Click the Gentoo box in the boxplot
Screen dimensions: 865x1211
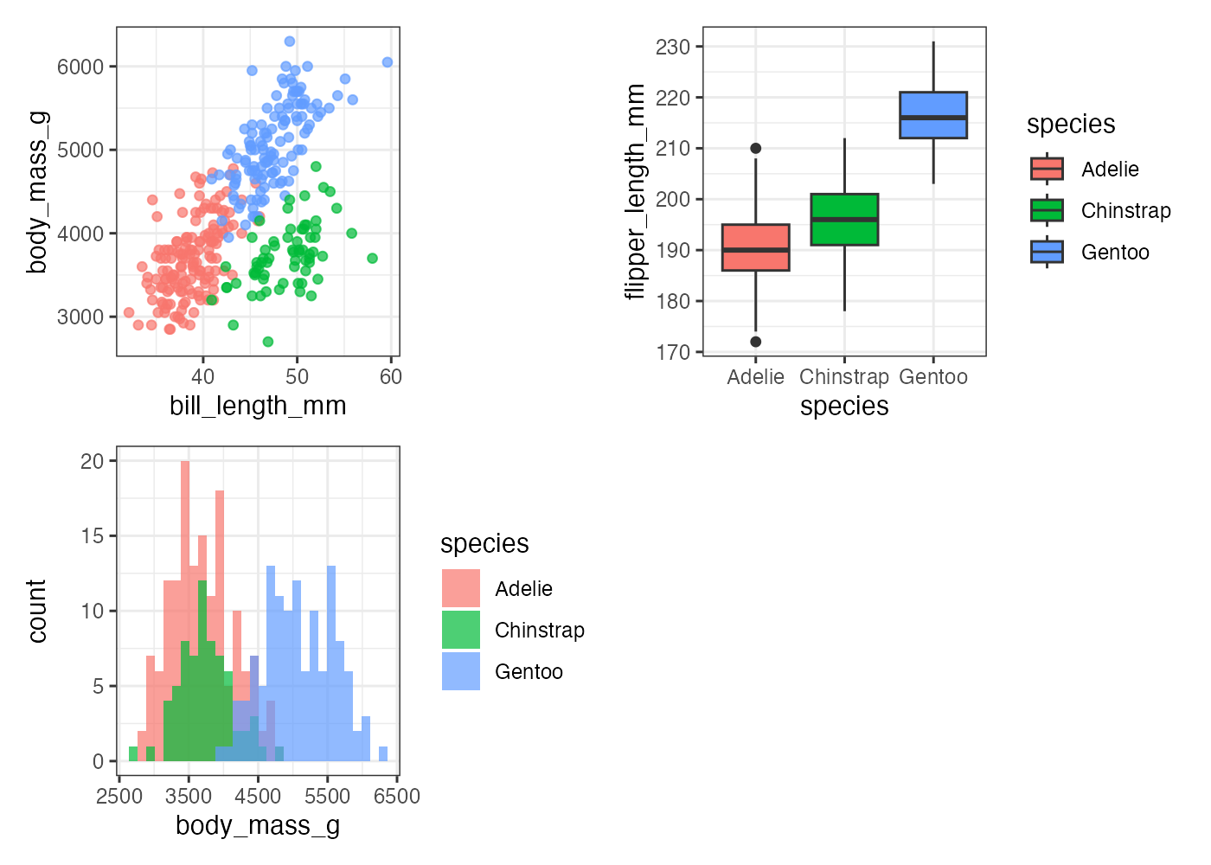(933, 115)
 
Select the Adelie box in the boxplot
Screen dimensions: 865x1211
(755, 247)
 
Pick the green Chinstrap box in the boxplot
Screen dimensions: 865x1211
(844, 220)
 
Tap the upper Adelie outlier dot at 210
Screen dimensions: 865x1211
(755, 149)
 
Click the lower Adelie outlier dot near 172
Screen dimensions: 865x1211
(755, 342)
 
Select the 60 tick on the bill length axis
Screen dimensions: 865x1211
(391, 376)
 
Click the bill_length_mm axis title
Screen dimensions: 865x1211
(258, 406)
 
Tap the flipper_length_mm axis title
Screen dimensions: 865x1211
(636, 191)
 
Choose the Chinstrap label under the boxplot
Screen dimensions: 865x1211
(844, 377)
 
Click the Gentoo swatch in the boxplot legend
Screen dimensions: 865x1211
(1047, 252)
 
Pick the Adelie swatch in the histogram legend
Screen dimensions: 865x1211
(461, 588)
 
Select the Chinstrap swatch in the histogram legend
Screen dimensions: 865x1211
(461, 630)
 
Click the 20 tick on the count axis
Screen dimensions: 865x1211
(92, 461)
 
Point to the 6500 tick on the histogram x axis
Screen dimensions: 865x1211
(397, 796)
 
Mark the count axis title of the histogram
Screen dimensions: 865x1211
(37, 612)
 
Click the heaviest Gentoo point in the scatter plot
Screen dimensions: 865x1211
(290, 42)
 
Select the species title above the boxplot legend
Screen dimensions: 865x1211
(1071, 125)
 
